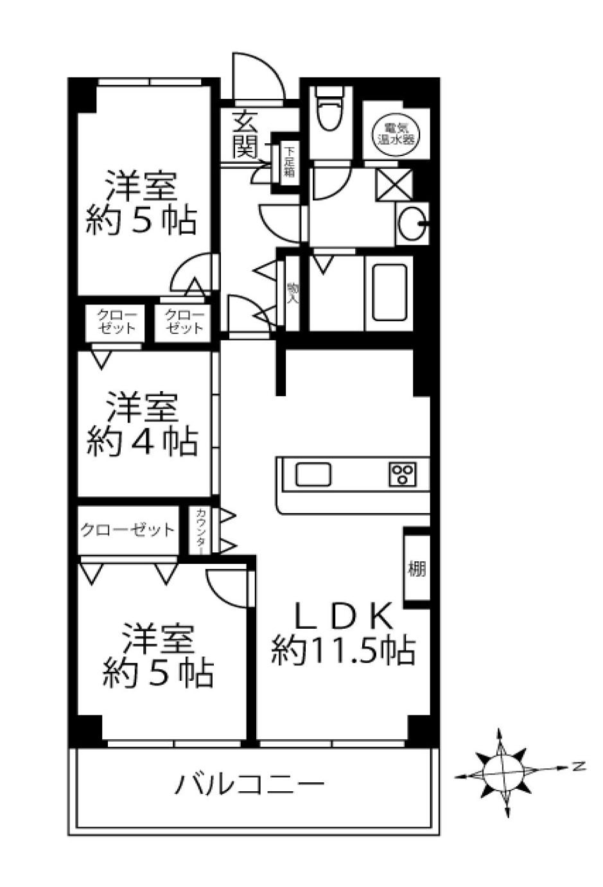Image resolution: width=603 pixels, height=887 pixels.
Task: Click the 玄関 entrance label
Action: click(x=244, y=134)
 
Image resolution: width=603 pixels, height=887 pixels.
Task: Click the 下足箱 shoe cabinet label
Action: click(x=290, y=162)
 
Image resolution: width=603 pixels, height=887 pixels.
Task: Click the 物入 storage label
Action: click(x=292, y=293)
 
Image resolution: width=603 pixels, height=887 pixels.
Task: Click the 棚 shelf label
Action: click(x=416, y=568)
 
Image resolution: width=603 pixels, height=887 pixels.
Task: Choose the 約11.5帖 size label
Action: click(x=343, y=650)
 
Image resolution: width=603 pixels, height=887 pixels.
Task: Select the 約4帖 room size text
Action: click(x=141, y=442)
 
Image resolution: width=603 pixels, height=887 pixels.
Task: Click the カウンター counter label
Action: click(x=201, y=531)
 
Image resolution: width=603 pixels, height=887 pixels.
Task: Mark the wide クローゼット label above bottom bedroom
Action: click(x=127, y=530)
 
